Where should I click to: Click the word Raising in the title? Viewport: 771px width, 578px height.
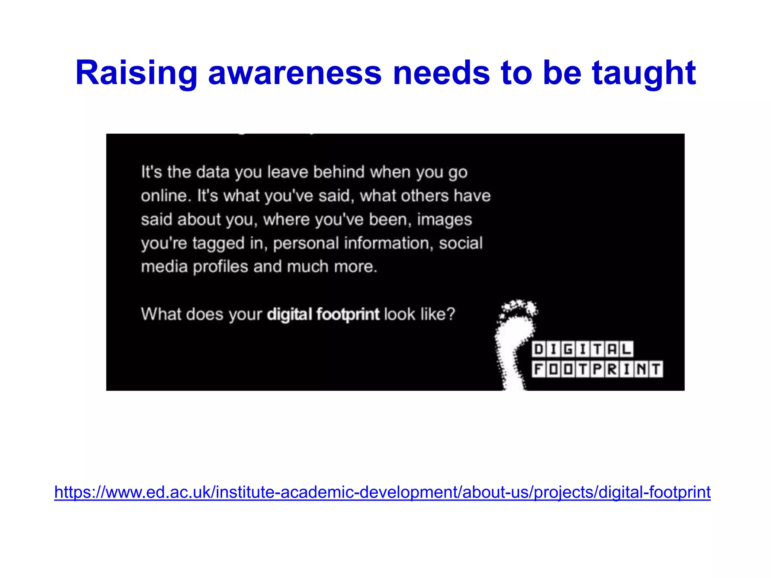click(136, 73)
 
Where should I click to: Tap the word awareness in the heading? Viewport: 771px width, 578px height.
click(295, 73)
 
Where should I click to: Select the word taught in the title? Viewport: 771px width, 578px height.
click(644, 73)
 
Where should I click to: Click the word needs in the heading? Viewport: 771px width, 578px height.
click(441, 73)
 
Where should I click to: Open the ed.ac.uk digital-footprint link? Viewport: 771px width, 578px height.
click(382, 492)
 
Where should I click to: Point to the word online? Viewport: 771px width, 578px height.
click(164, 196)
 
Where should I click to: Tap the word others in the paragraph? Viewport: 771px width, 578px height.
click(425, 196)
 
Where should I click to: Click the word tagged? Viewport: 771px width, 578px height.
click(218, 243)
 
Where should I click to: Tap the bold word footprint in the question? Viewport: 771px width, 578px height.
click(348, 314)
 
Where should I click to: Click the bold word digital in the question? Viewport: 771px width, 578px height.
click(290, 314)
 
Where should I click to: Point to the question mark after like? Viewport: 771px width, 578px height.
click(451, 314)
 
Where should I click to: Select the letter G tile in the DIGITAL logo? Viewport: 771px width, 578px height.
click(568, 350)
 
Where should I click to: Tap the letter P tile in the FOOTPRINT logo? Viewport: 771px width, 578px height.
click(597, 369)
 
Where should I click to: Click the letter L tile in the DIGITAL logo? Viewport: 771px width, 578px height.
click(626, 350)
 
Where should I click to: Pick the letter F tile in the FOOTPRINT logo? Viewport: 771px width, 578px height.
click(539, 369)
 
